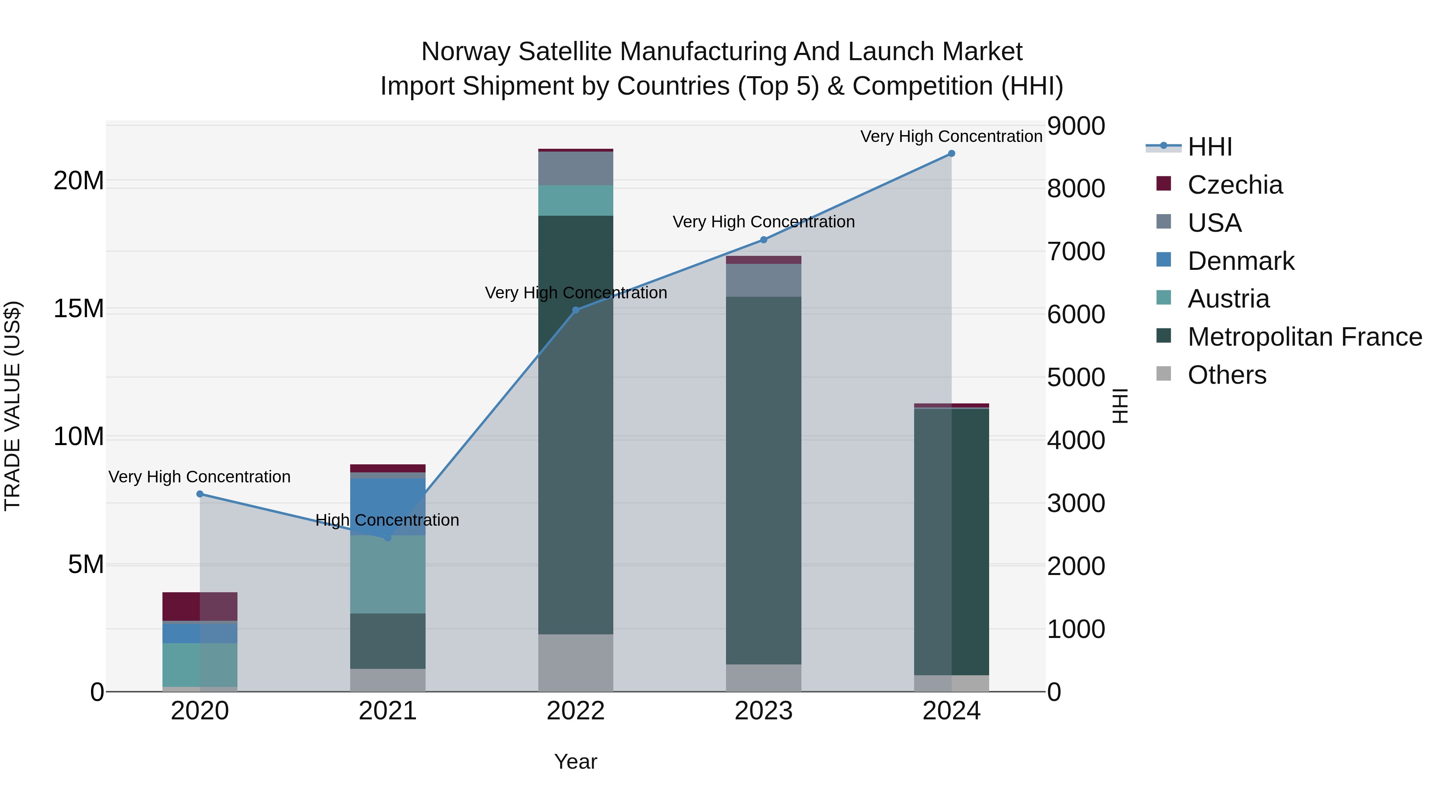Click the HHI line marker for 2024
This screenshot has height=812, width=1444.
click(x=951, y=154)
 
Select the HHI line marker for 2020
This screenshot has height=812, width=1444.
click(x=200, y=494)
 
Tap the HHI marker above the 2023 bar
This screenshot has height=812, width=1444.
click(x=763, y=240)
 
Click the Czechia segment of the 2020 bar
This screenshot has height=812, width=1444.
click(x=200, y=606)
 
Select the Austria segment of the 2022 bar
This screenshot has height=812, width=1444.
click(x=576, y=200)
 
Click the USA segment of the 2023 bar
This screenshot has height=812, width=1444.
click(x=763, y=280)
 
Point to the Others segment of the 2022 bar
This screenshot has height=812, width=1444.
click(x=576, y=663)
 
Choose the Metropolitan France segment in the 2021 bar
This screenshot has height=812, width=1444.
click(x=387, y=641)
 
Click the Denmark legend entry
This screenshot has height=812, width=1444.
click(x=1241, y=261)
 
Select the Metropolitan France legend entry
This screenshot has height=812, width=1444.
click(x=1304, y=337)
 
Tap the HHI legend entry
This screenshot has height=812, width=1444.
click(x=1210, y=147)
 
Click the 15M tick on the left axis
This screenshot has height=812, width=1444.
click(x=79, y=309)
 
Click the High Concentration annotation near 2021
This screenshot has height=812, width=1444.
click(x=387, y=520)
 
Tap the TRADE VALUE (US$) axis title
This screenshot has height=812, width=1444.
click(x=12, y=406)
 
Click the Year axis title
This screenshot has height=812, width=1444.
click(x=576, y=761)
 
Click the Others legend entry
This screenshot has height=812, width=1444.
click(x=1227, y=375)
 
